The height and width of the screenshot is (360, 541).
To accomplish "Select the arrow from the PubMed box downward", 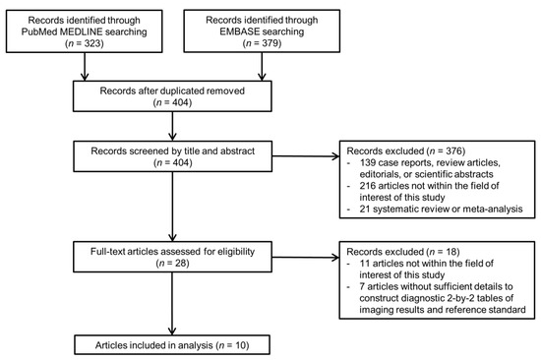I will [87, 67].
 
